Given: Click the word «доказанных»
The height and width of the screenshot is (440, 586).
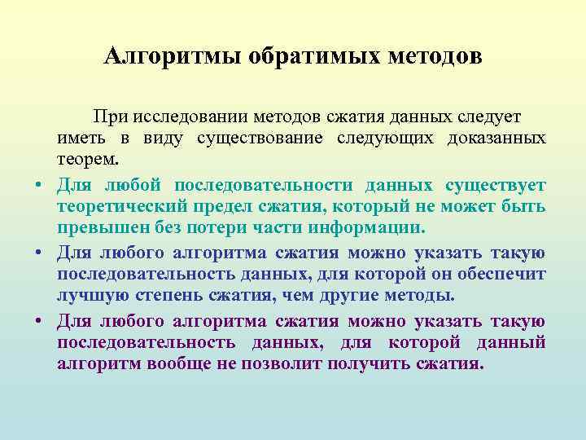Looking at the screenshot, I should pos(496,138).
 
